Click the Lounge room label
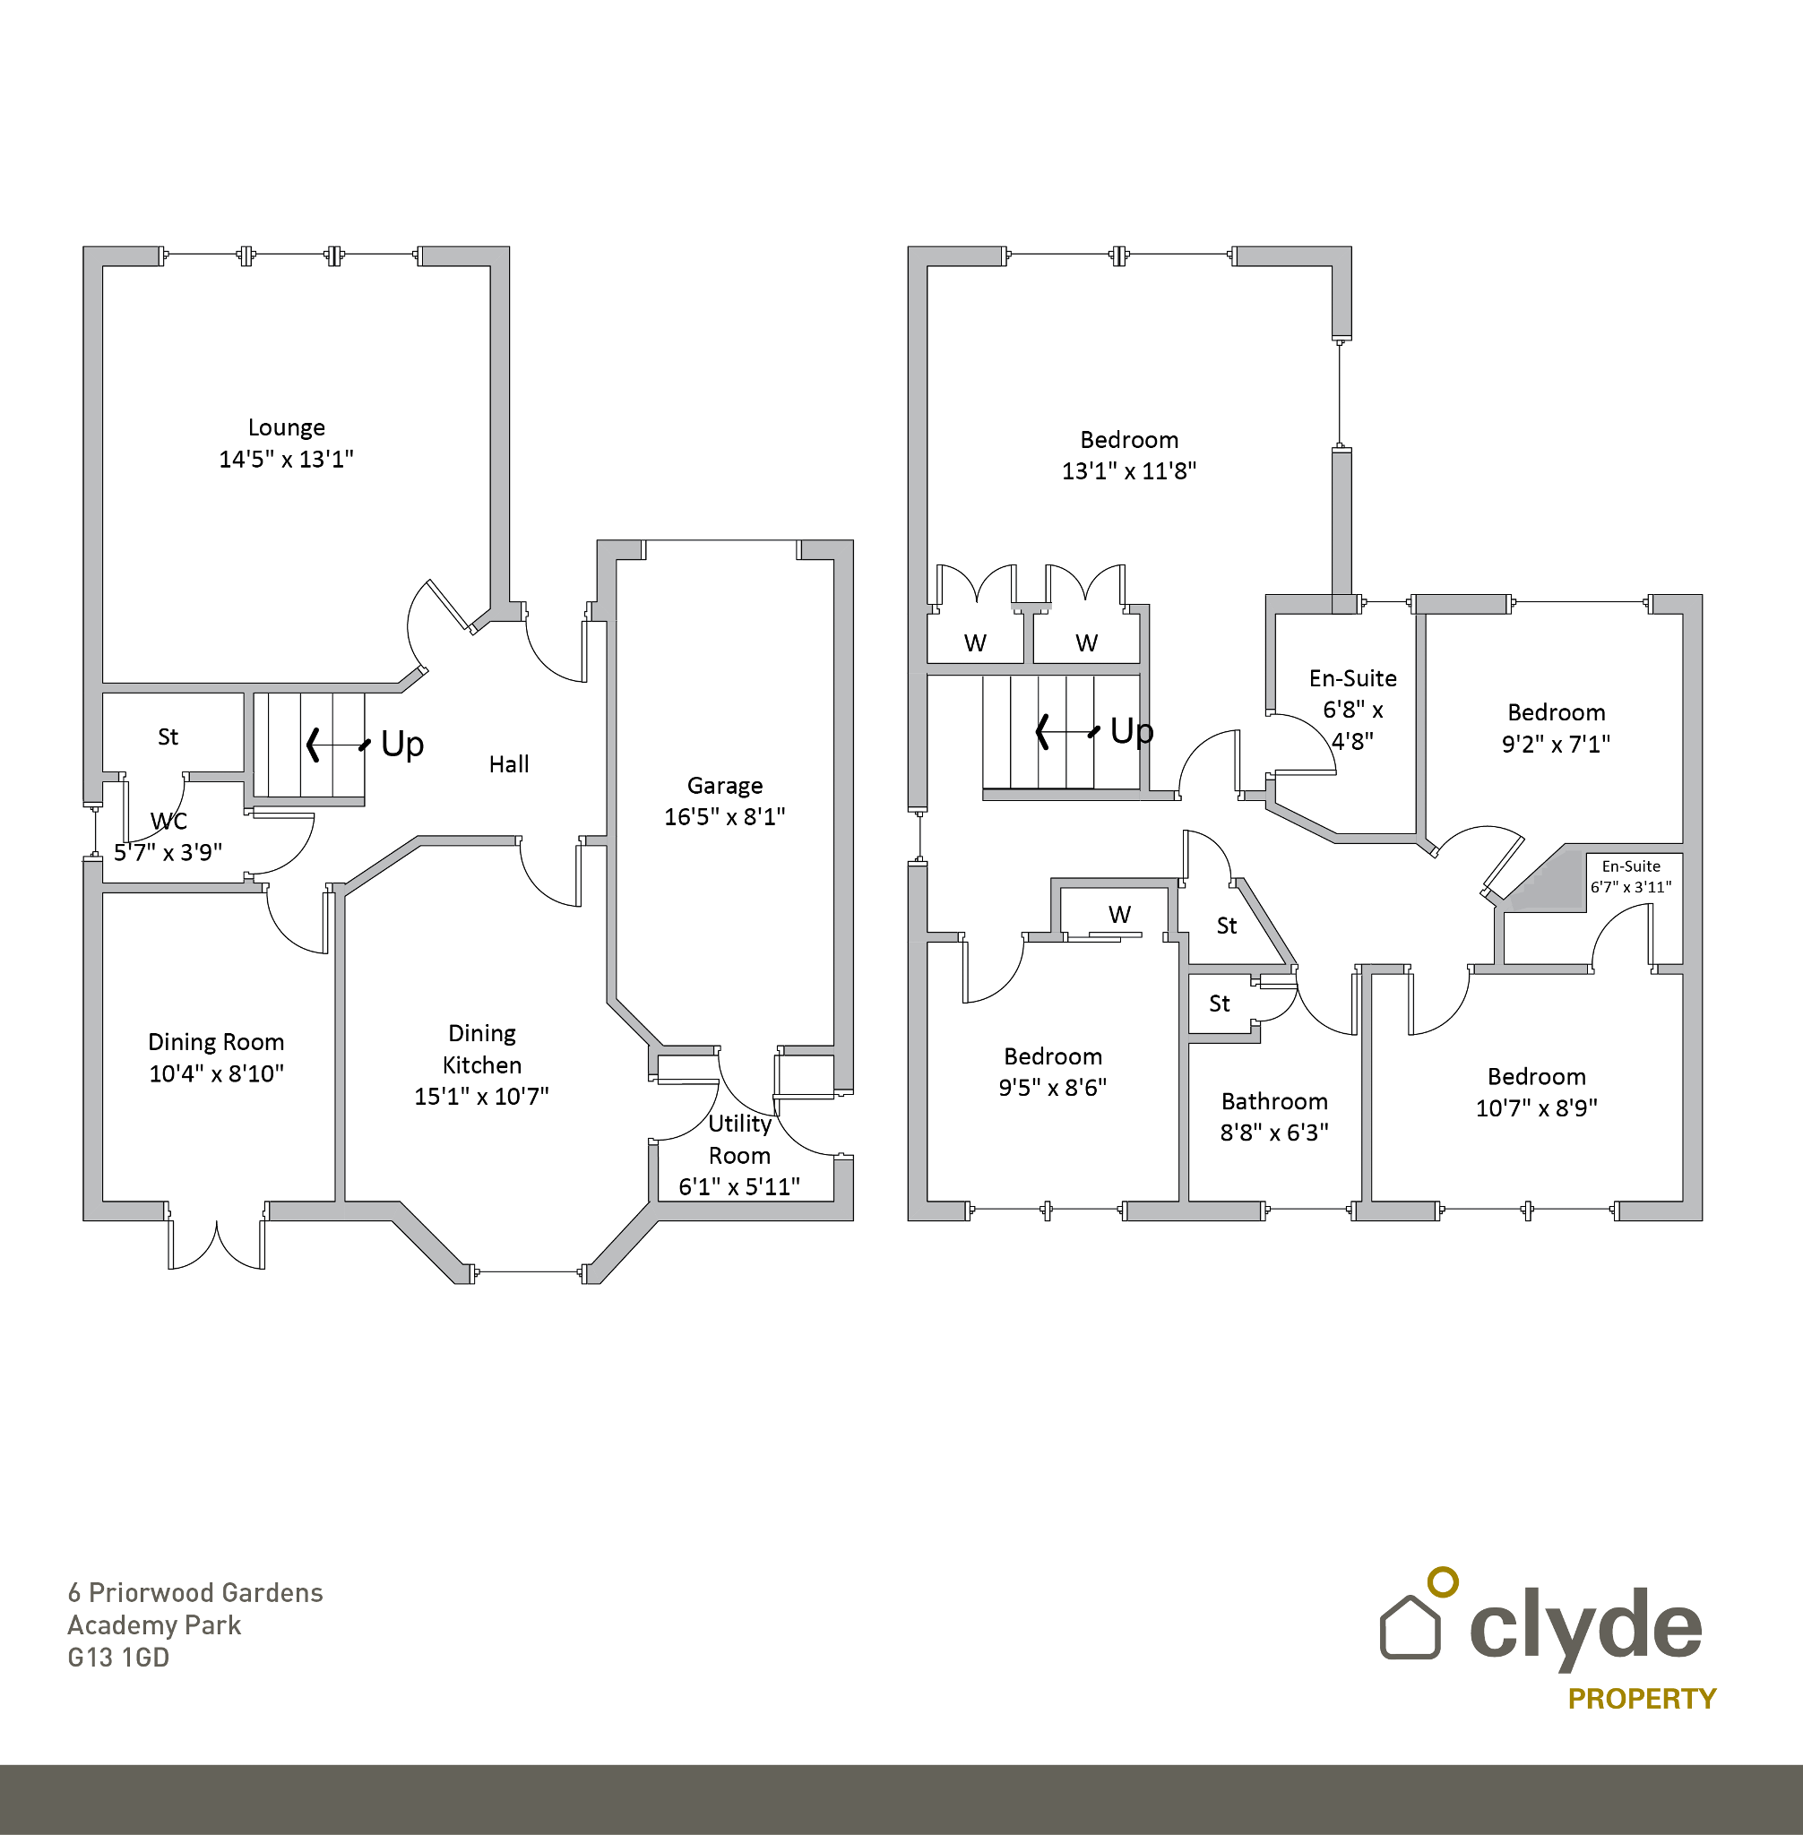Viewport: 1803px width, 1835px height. [286, 428]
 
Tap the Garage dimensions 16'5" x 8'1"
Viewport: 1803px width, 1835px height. [724, 817]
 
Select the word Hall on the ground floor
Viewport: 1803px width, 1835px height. [508, 764]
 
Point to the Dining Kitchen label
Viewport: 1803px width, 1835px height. [482, 1049]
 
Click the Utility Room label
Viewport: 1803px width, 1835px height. [739, 1140]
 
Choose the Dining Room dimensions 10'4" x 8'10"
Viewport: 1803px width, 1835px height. [217, 1073]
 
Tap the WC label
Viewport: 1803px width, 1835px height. [168, 821]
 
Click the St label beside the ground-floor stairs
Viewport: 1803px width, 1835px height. [168, 737]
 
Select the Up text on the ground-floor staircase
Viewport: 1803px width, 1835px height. [401, 745]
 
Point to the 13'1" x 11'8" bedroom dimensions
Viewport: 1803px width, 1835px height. [1129, 471]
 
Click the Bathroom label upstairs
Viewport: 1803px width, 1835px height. [1273, 1102]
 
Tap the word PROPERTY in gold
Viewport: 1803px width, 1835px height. [1641, 1699]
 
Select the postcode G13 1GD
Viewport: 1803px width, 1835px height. [118, 1658]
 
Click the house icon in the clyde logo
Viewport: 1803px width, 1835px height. [1410, 1627]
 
